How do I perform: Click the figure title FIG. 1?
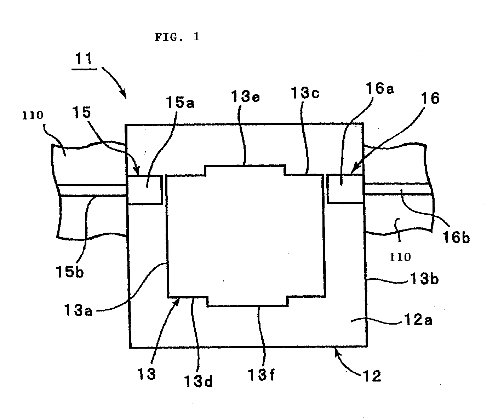click(x=177, y=37)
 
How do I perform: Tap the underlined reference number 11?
click(x=84, y=59)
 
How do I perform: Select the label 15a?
click(x=180, y=103)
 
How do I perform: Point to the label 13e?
click(x=245, y=97)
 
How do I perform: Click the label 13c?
click(x=305, y=93)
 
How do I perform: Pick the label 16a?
click(x=379, y=88)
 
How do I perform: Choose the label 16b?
click(x=456, y=237)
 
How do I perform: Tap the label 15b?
click(x=70, y=272)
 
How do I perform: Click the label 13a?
click(x=78, y=310)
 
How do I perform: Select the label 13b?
click(x=424, y=279)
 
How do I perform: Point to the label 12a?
click(x=418, y=320)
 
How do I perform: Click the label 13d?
click(x=199, y=382)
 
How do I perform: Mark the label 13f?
click(x=261, y=375)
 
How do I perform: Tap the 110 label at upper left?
click(x=33, y=115)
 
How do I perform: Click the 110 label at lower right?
click(x=400, y=257)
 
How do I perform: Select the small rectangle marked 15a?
click(x=145, y=190)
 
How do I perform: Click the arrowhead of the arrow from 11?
click(x=125, y=97)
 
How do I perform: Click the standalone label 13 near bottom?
click(x=146, y=374)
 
